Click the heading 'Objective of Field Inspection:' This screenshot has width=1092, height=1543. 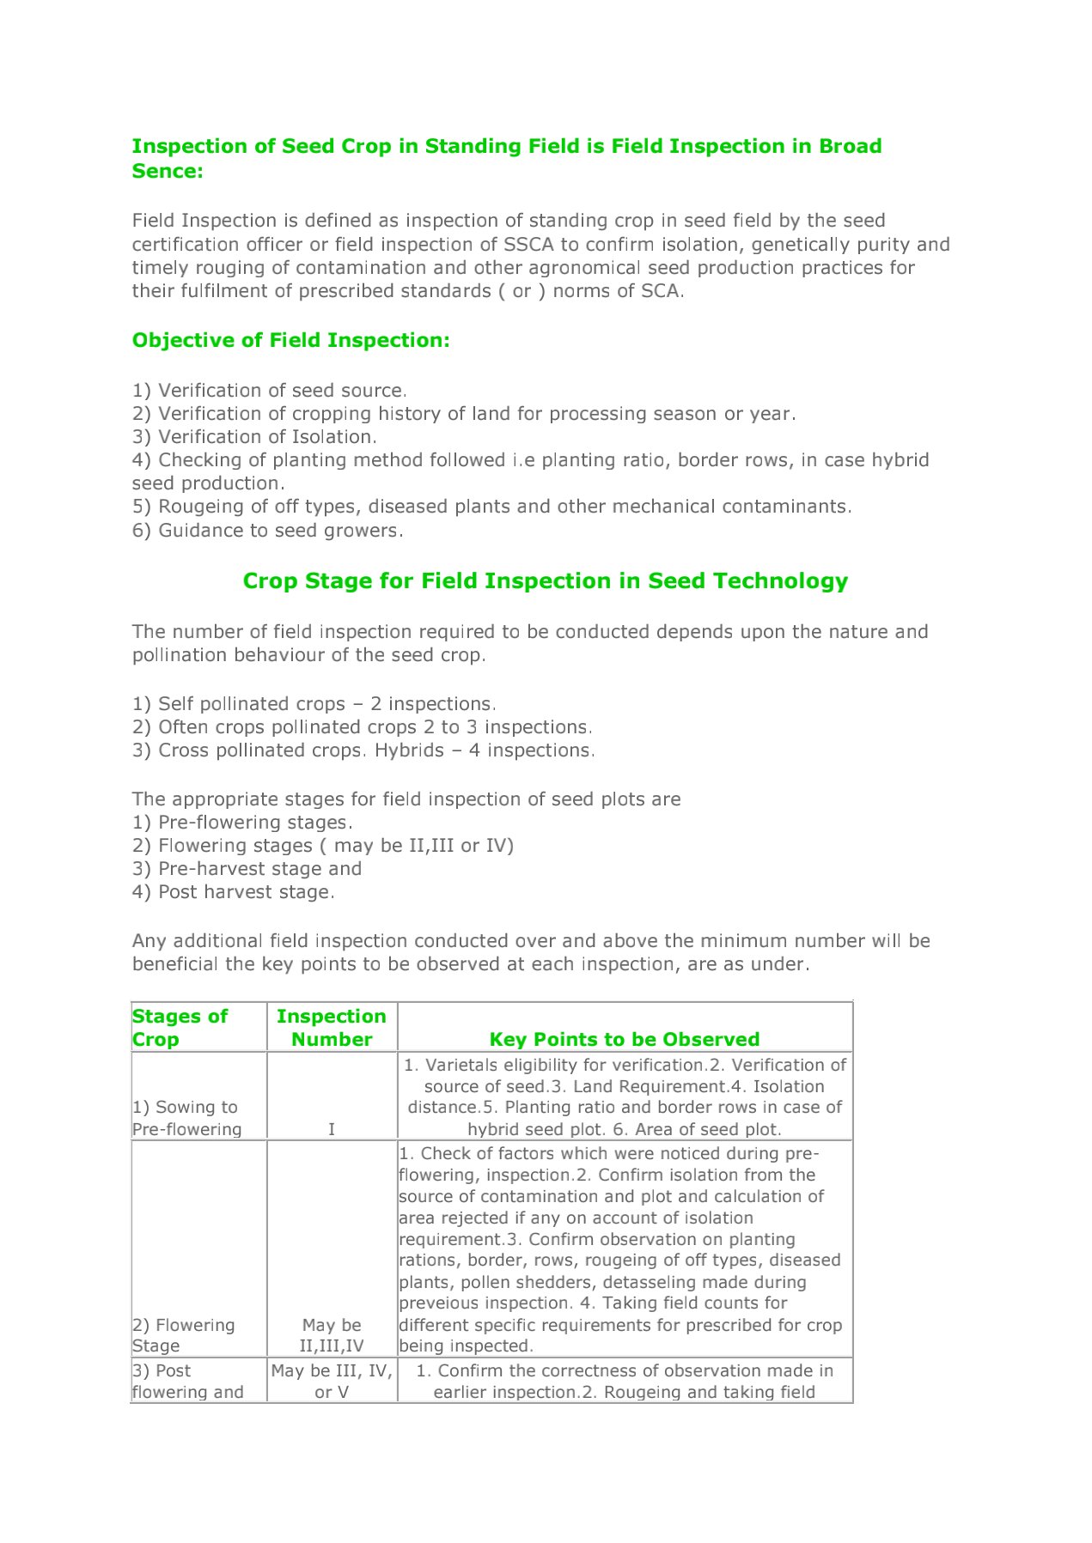(290, 341)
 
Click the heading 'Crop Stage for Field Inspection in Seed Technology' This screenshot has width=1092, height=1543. (545, 581)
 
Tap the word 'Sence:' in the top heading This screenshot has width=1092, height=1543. (168, 172)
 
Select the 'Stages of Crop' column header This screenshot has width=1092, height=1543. (180, 1028)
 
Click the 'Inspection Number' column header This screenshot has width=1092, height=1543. (332, 1028)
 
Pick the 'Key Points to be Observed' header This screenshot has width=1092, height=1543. (624, 1039)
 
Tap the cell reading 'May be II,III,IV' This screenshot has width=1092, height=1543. (332, 1335)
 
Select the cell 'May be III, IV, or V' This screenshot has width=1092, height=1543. (332, 1381)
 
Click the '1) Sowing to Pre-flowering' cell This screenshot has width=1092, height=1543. (186, 1118)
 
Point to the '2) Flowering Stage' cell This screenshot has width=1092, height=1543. (183, 1335)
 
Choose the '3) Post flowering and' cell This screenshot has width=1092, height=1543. (187, 1381)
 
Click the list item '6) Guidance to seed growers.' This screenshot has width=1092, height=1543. (267, 531)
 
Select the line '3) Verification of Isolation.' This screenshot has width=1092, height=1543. (254, 437)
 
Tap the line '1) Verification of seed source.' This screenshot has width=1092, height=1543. (269, 391)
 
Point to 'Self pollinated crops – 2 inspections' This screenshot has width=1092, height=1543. (314, 704)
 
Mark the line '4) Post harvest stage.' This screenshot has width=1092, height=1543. (233, 892)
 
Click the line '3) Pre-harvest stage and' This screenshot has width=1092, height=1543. (247, 869)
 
